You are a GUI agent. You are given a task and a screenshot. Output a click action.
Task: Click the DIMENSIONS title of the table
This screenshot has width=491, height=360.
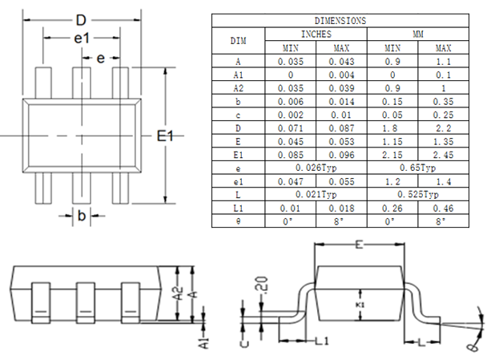[x=340, y=21]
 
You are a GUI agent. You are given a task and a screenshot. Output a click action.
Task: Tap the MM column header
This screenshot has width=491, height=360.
[x=418, y=34]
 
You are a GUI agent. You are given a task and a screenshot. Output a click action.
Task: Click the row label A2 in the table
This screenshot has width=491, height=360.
[x=239, y=87]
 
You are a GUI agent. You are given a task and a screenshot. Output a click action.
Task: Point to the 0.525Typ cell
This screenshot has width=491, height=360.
[x=418, y=194]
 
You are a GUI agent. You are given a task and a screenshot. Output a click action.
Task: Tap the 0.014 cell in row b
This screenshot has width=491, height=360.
[x=341, y=101]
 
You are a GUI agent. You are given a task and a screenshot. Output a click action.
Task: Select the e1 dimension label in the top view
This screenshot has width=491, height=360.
[x=82, y=38]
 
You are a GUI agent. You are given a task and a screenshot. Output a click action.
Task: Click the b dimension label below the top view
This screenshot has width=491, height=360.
[x=81, y=215]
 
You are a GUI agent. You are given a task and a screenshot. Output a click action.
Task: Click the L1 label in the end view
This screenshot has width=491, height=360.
[x=321, y=342]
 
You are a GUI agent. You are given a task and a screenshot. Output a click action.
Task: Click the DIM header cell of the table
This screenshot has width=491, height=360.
[x=239, y=41]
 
